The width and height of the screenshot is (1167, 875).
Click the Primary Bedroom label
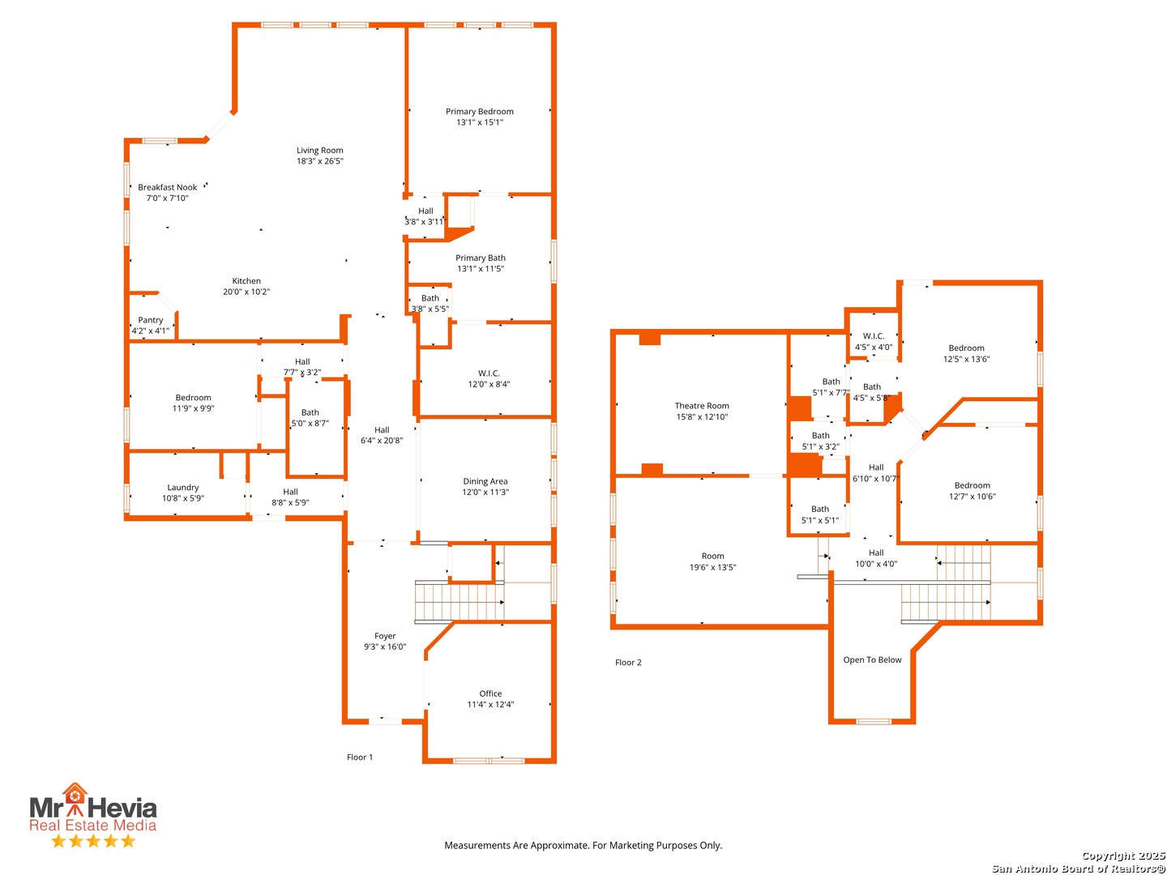pyautogui.click(x=479, y=112)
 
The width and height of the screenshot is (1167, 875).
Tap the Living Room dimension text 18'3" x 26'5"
pyautogui.click(x=319, y=161)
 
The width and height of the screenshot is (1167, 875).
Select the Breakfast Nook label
pyautogui.click(x=168, y=187)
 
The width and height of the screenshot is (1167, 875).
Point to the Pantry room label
pyautogui.click(x=151, y=320)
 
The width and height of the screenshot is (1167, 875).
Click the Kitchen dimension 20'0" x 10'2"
pyautogui.click(x=246, y=292)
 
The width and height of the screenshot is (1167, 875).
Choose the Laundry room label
pyautogui.click(x=183, y=487)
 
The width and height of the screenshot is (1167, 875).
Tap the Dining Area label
pyautogui.click(x=485, y=481)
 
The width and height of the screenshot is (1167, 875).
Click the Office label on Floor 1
pyautogui.click(x=490, y=694)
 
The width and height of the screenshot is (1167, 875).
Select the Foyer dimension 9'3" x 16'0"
pyautogui.click(x=385, y=647)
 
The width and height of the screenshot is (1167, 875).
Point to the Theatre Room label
pyautogui.click(x=702, y=406)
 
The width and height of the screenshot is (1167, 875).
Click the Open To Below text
pyautogui.click(x=872, y=659)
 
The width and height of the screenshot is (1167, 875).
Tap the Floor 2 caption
pyautogui.click(x=628, y=663)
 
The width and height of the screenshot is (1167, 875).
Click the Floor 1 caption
pyautogui.click(x=359, y=757)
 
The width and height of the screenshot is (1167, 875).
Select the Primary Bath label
pyautogui.click(x=480, y=258)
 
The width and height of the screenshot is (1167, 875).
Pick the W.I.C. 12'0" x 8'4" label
pyautogui.click(x=489, y=379)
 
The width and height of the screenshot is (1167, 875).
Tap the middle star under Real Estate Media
pyautogui.click(x=93, y=840)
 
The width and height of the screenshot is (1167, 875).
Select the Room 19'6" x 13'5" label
pyautogui.click(x=712, y=561)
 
